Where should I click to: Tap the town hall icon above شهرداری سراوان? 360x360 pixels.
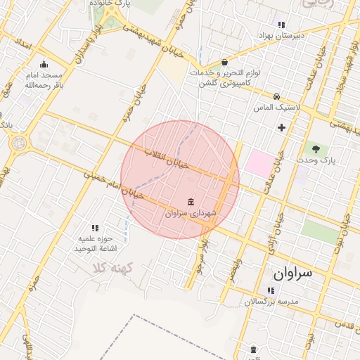coord(191,202)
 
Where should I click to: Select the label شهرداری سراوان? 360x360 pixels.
coord(191,212)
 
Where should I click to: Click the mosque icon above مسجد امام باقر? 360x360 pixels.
coord(44,64)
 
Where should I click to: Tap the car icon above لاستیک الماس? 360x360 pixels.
coord(277,96)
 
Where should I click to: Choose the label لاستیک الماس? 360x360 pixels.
coord(277,108)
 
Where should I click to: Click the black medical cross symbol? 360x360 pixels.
coord(282,127)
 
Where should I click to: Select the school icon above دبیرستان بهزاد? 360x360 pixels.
coord(281,24)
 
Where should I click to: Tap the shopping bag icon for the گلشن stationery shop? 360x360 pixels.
coord(224,62)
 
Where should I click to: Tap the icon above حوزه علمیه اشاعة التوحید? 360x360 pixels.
coord(96,228)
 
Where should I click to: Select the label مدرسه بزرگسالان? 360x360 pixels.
coord(271,302)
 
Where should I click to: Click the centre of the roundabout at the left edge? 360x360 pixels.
coord(18,143)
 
